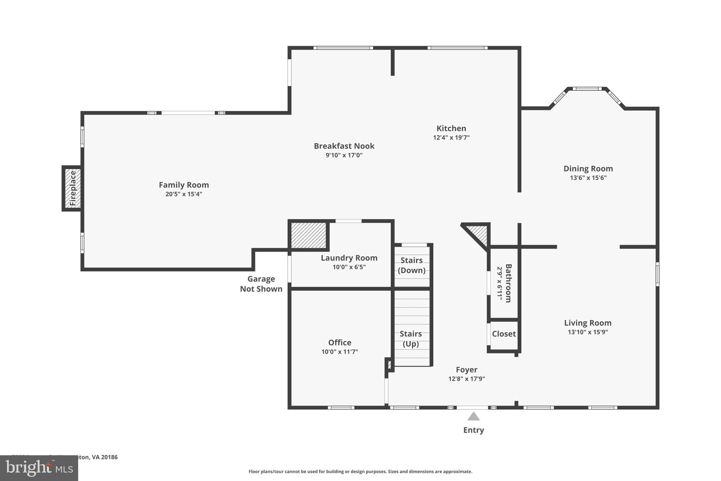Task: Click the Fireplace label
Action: click(73, 188)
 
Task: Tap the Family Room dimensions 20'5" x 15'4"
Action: click(184, 194)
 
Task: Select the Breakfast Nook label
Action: click(344, 146)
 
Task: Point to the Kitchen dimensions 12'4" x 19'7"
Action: click(451, 138)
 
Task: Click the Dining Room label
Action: click(588, 168)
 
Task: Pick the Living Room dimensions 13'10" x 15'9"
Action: click(588, 332)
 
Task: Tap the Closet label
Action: click(503, 334)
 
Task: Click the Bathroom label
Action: click(508, 283)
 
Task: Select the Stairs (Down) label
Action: click(412, 265)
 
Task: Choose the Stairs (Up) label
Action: click(410, 338)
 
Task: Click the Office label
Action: click(339, 343)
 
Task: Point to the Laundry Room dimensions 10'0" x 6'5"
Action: click(349, 267)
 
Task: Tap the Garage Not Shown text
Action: click(261, 284)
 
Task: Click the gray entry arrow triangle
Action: click(473, 417)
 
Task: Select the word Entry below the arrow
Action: click(473, 430)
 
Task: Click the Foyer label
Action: click(466, 370)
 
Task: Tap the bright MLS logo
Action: click(39, 468)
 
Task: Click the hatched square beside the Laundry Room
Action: click(308, 235)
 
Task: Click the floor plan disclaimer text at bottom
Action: click(360, 471)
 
